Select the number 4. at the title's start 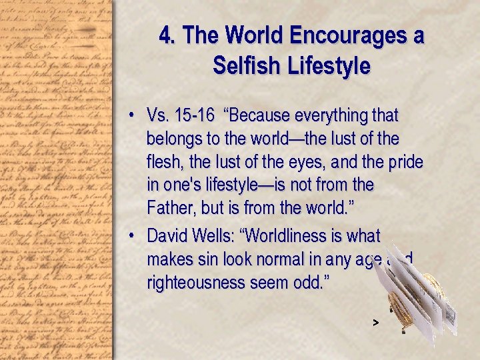pos(167,35)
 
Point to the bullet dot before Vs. pos(133,116)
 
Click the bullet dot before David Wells pos(133,236)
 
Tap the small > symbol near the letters pos(375,322)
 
